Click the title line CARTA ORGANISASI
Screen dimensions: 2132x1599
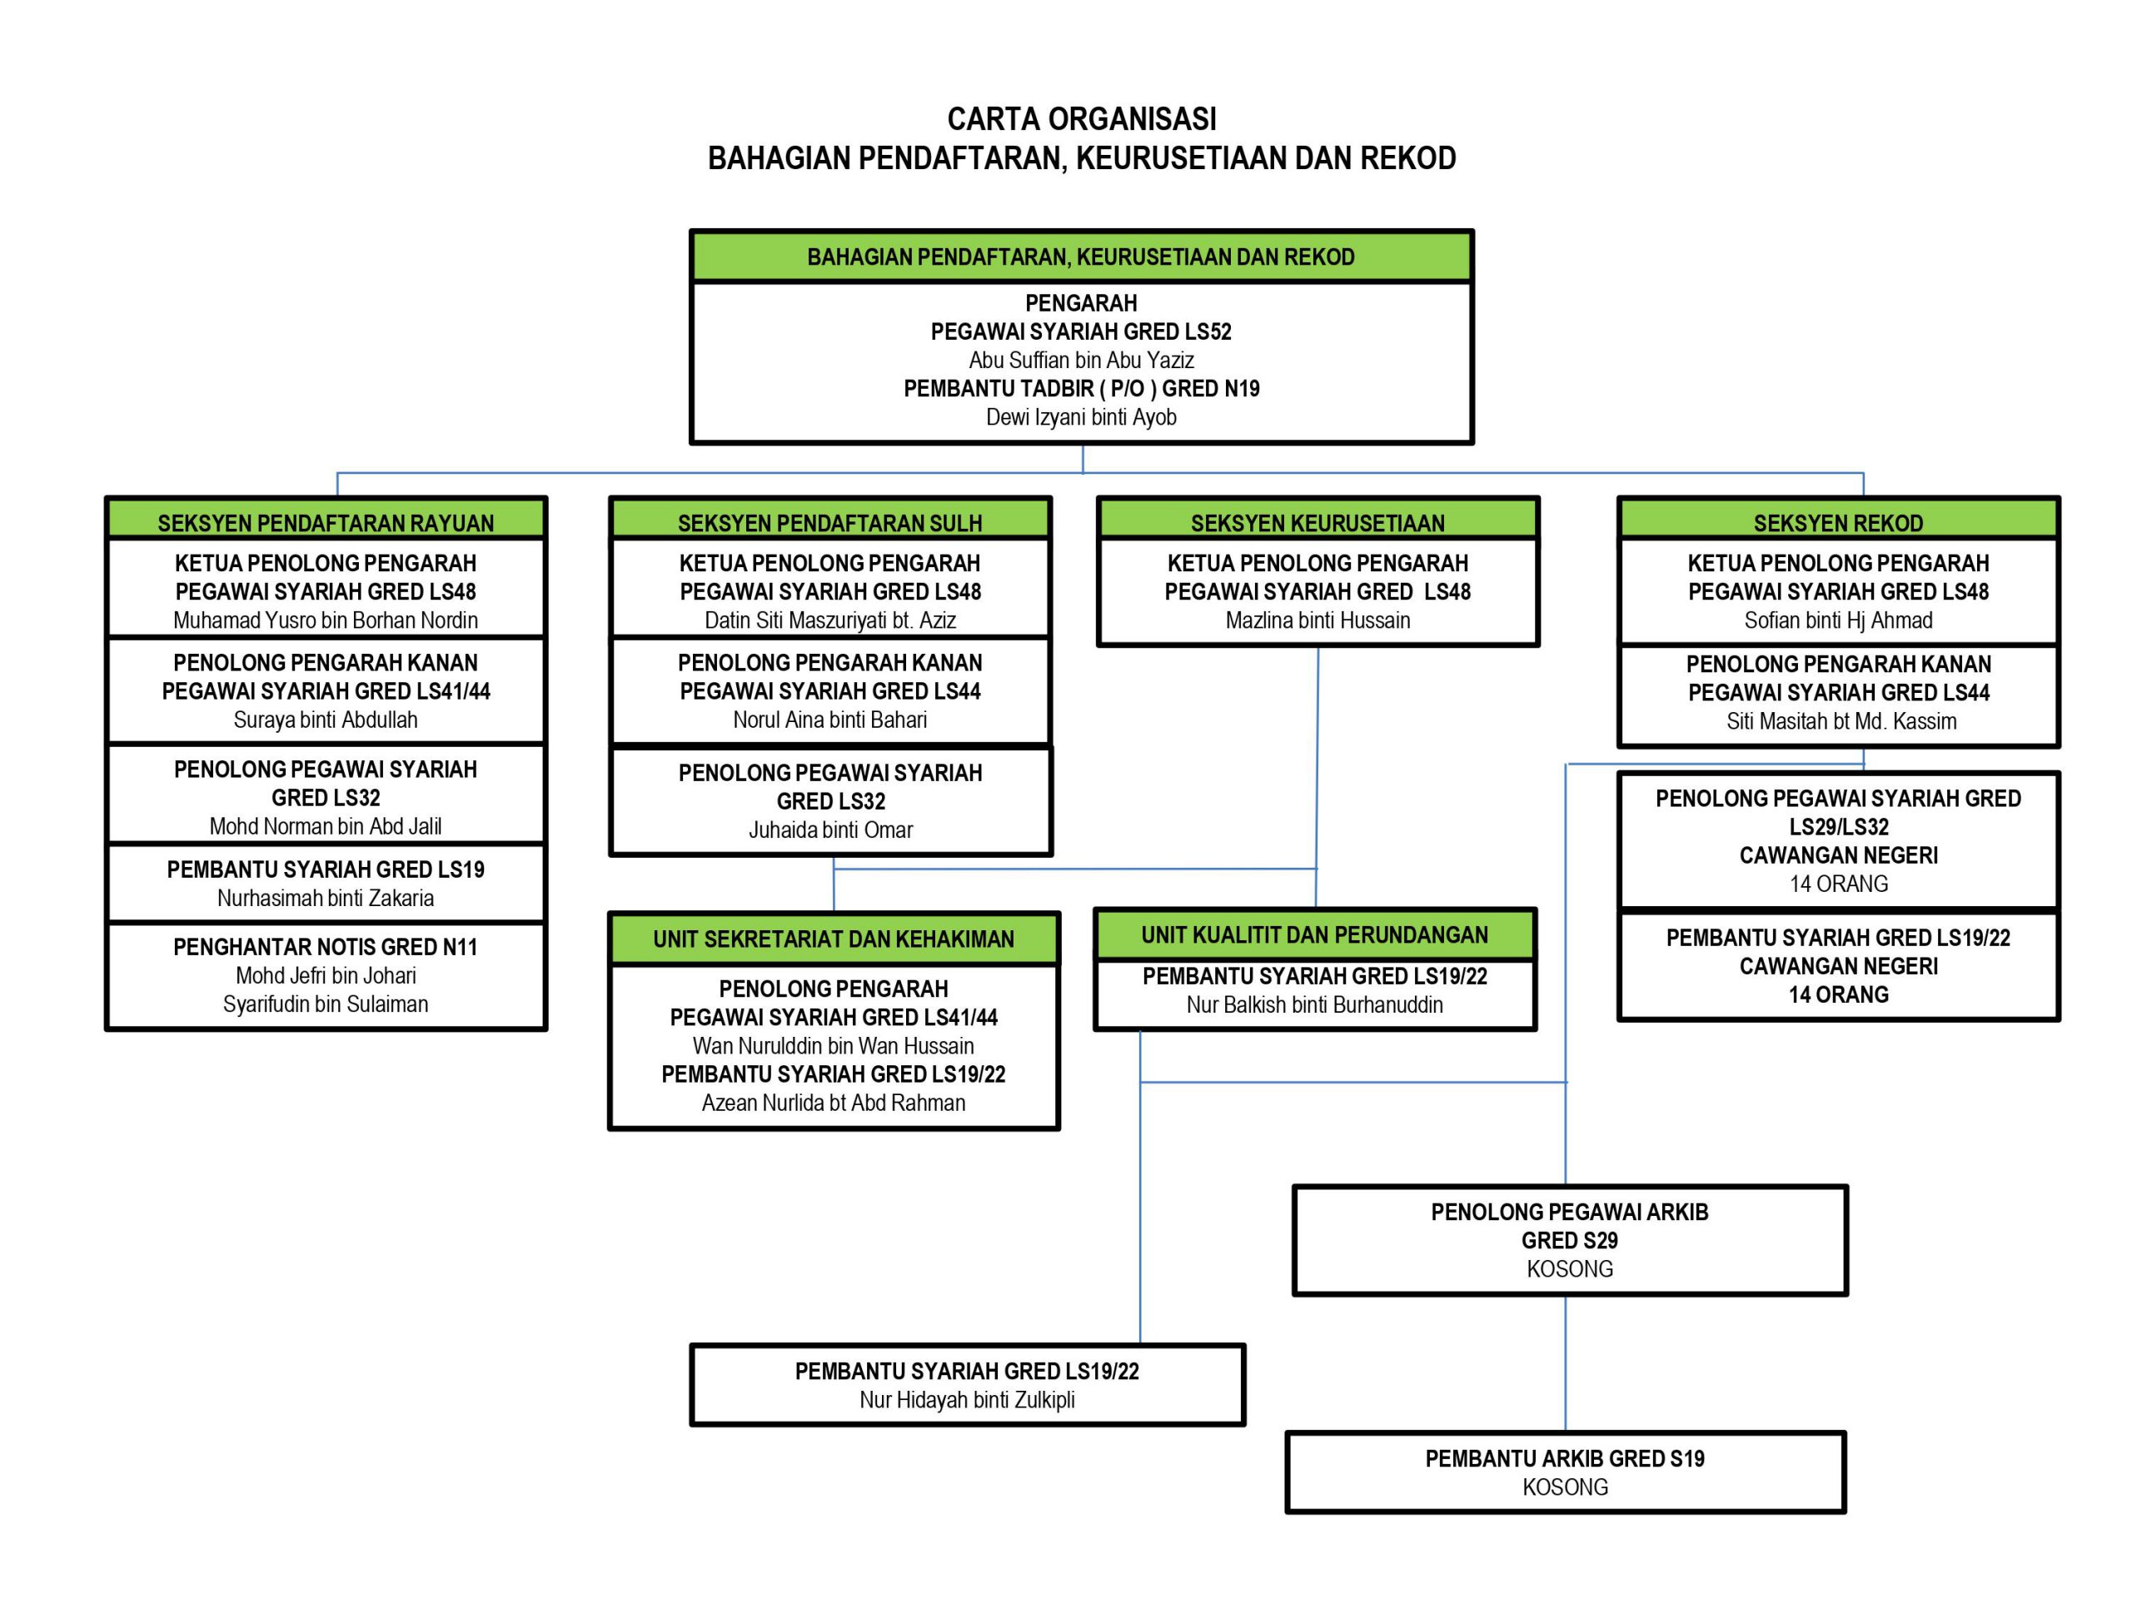[x=1082, y=120]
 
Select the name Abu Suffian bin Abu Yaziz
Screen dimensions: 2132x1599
[x=1082, y=361]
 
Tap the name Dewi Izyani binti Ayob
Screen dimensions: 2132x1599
[x=1082, y=417]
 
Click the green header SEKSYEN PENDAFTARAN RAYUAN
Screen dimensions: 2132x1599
[x=326, y=522]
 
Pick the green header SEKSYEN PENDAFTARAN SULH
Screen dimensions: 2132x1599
[x=829, y=522]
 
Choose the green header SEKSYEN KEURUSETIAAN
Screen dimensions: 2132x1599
[x=1318, y=522]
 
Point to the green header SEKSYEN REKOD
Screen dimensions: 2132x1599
[x=1838, y=522]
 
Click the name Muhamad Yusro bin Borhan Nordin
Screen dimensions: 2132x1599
[x=326, y=620]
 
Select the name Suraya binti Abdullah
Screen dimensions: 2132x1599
[x=326, y=720]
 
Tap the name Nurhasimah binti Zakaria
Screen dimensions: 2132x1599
[x=326, y=899]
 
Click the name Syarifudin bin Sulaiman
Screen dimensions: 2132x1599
[x=326, y=1004]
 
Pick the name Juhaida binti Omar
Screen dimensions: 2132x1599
[x=831, y=829]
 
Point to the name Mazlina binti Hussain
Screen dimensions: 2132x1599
[x=1318, y=620]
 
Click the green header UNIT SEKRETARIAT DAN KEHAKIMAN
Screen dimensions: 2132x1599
[x=834, y=938]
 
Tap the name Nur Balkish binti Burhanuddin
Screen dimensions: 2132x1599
[x=1315, y=1005]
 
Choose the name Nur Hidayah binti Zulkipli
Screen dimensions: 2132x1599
[x=967, y=1401]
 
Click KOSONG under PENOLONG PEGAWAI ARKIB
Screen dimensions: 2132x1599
[x=1569, y=1269]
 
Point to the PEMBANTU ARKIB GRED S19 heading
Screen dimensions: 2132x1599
[x=1564, y=1459]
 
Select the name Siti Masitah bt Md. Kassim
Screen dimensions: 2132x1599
[x=1841, y=722]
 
